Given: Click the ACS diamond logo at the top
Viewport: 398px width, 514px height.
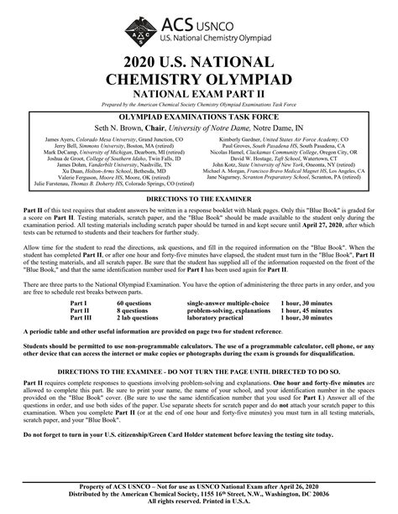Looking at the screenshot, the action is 142,32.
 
